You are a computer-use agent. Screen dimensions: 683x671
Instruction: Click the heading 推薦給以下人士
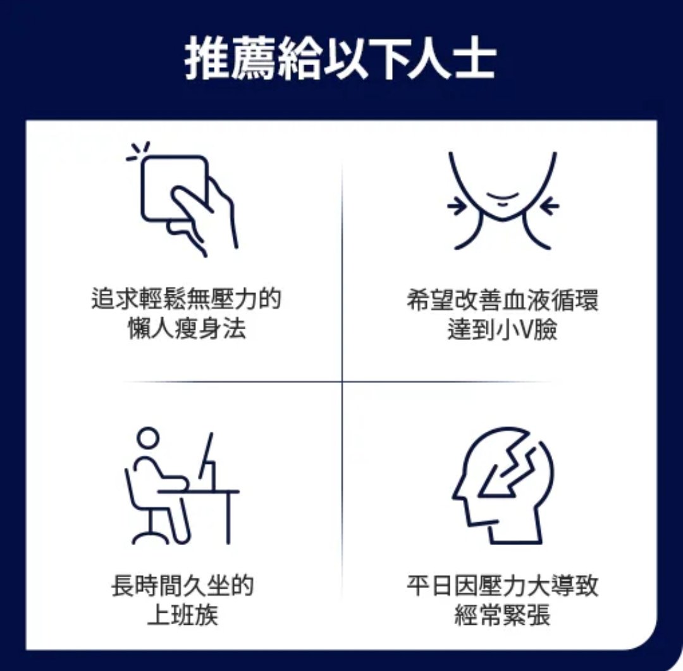coord(341,58)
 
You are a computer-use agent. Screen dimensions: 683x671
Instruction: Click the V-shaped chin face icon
coord(503,201)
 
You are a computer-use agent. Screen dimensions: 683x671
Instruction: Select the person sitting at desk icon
coord(182,486)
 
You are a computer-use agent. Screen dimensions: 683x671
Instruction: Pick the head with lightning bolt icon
coord(503,486)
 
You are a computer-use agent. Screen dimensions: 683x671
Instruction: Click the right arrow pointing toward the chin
coord(550,206)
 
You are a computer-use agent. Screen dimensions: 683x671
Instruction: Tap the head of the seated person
coord(148,437)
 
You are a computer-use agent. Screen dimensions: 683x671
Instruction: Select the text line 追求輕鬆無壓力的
coord(187,299)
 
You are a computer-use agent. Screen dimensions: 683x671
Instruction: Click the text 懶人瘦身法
coord(187,328)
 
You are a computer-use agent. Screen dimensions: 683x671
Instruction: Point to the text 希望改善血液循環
coord(503,299)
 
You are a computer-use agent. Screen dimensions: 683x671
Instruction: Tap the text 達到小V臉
coord(503,329)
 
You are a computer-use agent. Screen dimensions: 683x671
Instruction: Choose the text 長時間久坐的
coord(183,585)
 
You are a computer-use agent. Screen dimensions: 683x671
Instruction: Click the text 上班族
coord(183,615)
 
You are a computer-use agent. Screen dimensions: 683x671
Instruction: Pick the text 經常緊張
coord(503,615)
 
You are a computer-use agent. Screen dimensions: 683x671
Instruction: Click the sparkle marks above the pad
coord(138,151)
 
